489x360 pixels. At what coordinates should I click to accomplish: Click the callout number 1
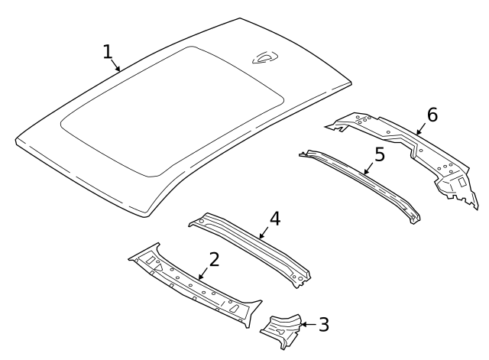[108, 51]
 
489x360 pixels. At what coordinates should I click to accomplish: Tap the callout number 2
[215, 259]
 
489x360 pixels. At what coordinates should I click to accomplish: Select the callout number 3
[323, 325]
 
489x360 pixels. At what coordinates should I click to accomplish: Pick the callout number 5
[380, 155]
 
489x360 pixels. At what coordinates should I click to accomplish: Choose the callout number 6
[432, 115]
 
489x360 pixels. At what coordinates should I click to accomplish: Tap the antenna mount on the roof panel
[265, 55]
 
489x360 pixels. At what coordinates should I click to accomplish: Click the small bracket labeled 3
[282, 329]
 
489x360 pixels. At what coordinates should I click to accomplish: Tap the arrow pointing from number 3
[306, 325]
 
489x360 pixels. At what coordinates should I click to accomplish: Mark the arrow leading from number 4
[264, 232]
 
